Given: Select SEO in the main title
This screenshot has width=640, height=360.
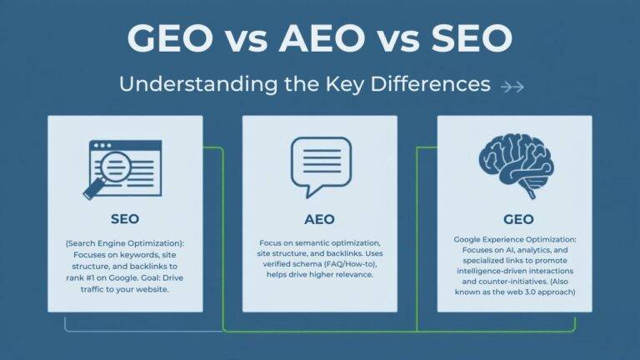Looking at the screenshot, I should (471, 39).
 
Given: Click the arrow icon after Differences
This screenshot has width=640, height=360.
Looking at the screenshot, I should (511, 85).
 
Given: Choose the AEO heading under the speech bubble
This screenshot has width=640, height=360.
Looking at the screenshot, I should (319, 219).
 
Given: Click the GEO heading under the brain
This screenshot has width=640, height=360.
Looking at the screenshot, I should (514, 219).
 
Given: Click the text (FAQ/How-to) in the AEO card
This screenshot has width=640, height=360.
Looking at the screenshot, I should (339, 264).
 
